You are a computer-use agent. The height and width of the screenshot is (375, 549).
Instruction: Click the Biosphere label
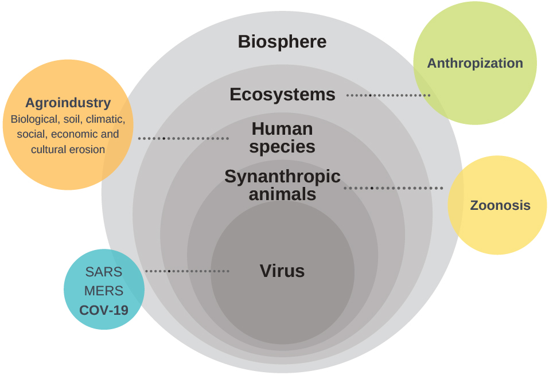coord(282,42)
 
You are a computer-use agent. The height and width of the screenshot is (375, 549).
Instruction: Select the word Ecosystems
coord(282,94)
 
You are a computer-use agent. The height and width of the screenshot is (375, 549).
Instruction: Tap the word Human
coord(282,128)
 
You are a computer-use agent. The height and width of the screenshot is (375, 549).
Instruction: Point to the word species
coord(282,147)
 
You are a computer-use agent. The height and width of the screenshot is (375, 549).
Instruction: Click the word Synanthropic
coord(282,177)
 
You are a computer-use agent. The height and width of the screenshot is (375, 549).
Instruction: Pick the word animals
coord(282,194)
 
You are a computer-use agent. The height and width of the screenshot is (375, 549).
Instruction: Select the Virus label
coord(282,271)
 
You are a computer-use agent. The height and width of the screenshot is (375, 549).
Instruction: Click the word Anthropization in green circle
coord(475,63)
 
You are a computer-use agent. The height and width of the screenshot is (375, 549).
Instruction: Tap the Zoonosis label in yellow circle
coord(500,205)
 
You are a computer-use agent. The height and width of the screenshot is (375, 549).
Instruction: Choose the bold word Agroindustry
coord(68,103)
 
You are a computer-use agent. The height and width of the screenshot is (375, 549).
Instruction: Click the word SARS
coord(104,272)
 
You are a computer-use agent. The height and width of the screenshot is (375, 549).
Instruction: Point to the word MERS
coord(104,291)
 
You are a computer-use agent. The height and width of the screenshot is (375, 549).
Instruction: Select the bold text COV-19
coord(104,311)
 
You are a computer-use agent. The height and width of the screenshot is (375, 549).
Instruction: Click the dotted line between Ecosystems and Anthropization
coord(388,95)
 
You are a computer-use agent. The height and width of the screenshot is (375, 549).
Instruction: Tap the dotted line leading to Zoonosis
coord(394,188)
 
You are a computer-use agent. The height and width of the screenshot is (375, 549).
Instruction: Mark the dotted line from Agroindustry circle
coord(184,138)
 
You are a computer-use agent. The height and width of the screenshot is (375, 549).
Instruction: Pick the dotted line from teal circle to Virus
coord(187,271)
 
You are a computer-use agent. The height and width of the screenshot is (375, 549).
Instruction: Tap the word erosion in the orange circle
coord(87,150)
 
